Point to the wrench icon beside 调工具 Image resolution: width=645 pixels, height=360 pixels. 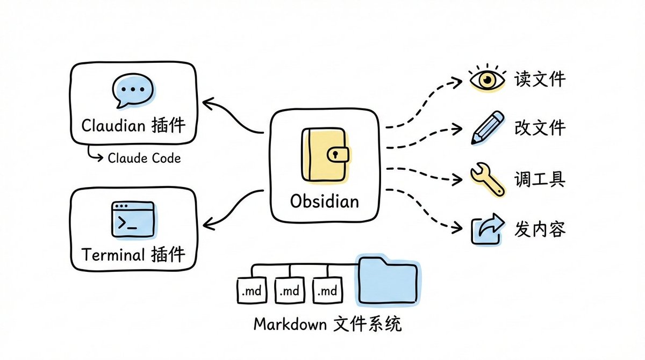coord(487,179)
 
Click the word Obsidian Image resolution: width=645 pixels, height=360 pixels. coord(324,201)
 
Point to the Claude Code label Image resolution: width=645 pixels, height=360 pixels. coord(144,158)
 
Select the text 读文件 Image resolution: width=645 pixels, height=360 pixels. coord(540,80)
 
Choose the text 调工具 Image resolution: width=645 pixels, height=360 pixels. coord(540,179)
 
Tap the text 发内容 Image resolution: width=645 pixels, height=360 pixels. coord(540,229)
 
